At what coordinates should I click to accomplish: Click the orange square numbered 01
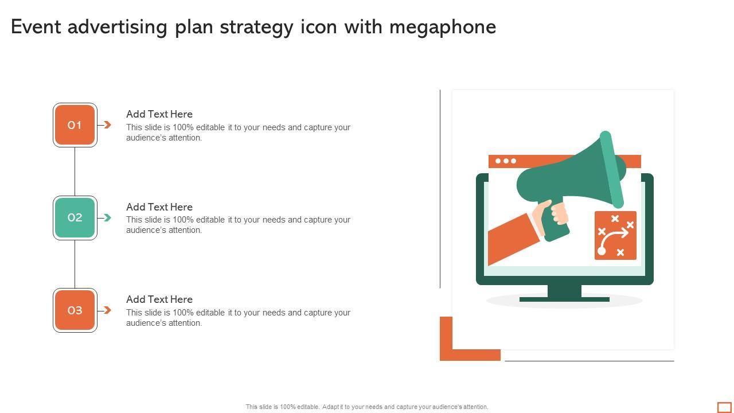(75, 125)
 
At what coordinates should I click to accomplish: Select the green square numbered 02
(75, 217)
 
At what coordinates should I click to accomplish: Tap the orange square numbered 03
(75, 310)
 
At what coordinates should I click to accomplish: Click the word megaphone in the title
(443, 28)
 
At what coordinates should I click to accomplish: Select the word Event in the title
(36, 27)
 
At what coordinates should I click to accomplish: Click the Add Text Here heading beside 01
(159, 114)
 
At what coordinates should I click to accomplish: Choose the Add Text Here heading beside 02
(159, 207)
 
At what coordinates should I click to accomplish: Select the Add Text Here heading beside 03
(159, 299)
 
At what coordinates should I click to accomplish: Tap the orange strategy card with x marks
(615, 235)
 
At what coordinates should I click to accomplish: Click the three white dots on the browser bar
(506, 161)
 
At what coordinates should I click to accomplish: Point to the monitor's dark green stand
(564, 293)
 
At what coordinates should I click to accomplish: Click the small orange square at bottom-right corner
(724, 407)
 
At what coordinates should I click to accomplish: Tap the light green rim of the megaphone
(612, 169)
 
